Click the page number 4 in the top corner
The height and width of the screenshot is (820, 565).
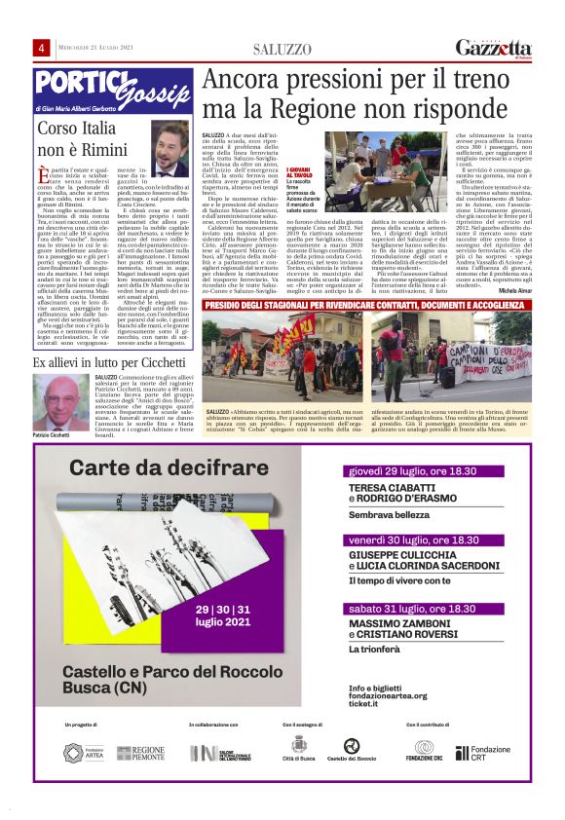(x=43, y=49)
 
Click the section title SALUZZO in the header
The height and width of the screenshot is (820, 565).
(x=282, y=50)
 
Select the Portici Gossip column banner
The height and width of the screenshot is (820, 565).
(x=112, y=89)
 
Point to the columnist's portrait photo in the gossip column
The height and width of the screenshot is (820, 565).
(x=170, y=149)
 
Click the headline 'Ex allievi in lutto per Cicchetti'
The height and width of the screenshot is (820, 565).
(x=113, y=362)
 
